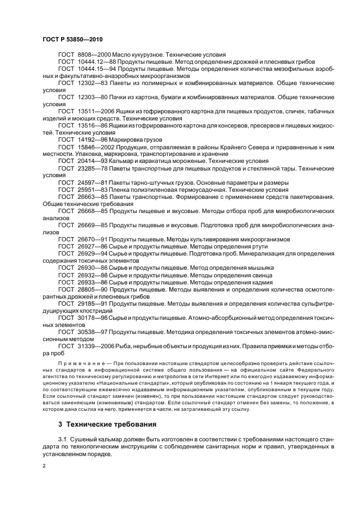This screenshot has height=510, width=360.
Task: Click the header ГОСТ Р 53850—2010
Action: (x=72, y=40)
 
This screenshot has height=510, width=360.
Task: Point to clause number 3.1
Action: (x=64, y=438)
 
